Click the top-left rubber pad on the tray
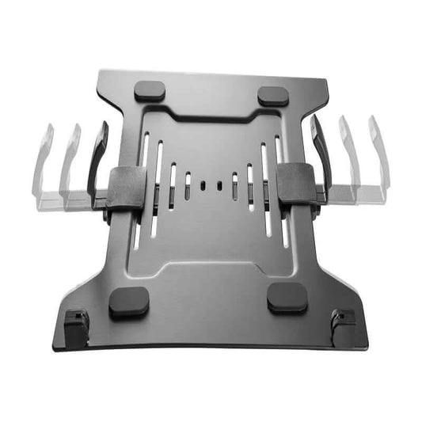pos(150,90)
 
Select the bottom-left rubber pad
pos(128,302)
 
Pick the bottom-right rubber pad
pos(287,298)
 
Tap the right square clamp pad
pos(294,184)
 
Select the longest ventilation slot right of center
pos(264,188)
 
